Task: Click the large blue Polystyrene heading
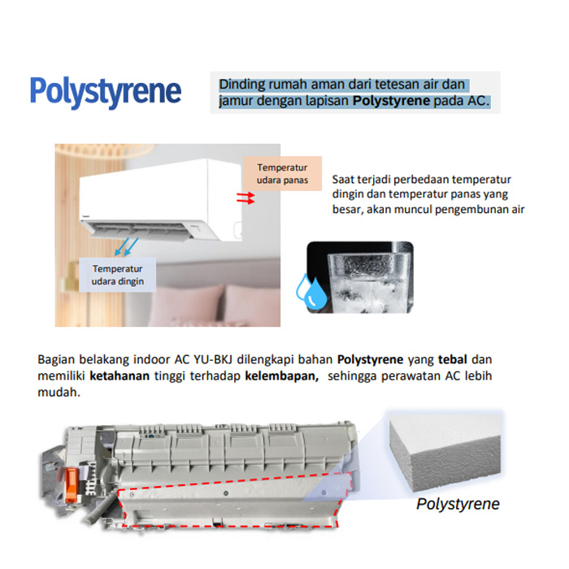(x=105, y=92)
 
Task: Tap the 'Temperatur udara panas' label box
(x=282, y=173)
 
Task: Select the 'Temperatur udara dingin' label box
(x=117, y=275)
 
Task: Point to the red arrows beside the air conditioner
(x=245, y=198)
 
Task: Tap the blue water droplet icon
(x=311, y=291)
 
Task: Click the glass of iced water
(x=369, y=282)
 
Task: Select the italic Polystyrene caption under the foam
(x=458, y=504)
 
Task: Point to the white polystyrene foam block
(x=445, y=453)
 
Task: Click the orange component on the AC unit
(x=72, y=484)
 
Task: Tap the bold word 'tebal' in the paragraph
(x=453, y=359)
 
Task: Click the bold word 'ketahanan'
(x=119, y=376)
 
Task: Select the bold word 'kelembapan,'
(x=281, y=376)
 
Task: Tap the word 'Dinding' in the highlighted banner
(x=241, y=85)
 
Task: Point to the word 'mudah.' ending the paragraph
(x=59, y=392)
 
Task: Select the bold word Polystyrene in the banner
(x=391, y=101)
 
